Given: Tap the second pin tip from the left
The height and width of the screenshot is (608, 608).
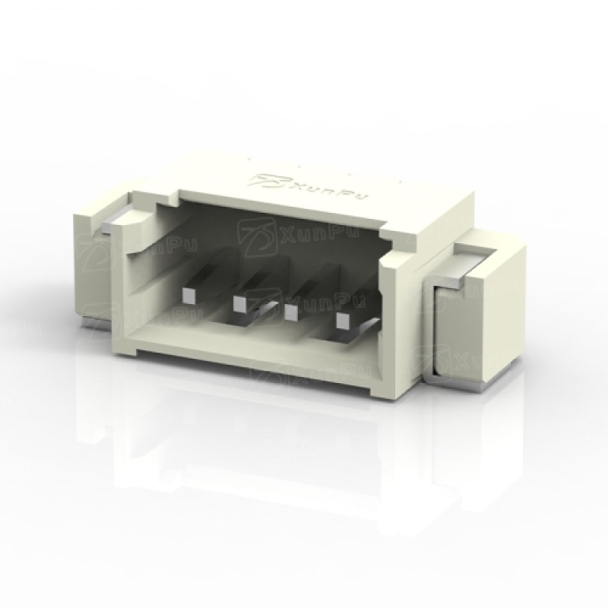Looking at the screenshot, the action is tap(240, 304).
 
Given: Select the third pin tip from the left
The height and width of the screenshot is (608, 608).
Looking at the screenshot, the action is tap(291, 312).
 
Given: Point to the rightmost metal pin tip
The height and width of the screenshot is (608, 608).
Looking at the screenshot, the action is tap(343, 321).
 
